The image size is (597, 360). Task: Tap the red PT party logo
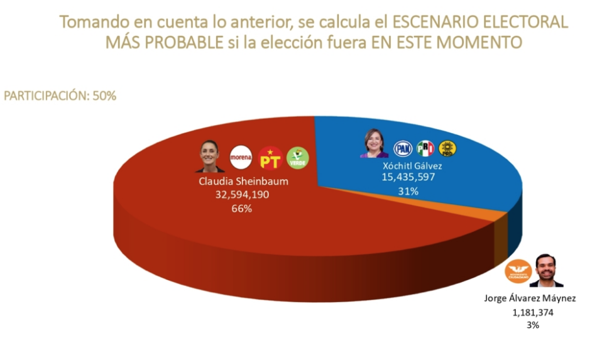point(270,158)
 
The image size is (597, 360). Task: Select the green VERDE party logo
point(298,158)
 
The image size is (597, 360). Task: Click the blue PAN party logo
point(403,148)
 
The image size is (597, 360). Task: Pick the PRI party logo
point(425,148)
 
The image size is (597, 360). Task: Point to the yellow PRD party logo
point(447,148)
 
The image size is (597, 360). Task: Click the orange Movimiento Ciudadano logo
point(519,271)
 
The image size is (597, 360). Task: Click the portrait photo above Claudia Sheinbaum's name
point(210,156)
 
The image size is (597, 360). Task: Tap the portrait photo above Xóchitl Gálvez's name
point(375,144)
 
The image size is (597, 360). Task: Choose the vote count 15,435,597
point(408,178)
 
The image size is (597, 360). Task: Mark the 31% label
point(408,191)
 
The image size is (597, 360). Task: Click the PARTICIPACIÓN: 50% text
point(60,96)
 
